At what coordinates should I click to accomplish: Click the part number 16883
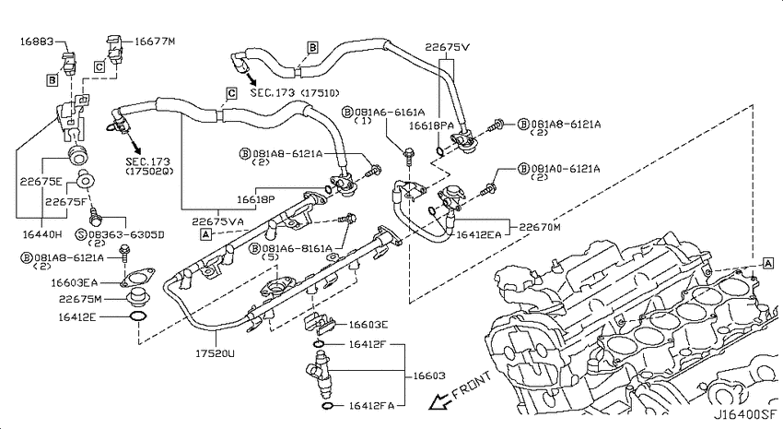point(37,41)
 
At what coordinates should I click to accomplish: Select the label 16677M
point(155,41)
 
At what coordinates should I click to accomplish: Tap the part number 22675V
point(448,47)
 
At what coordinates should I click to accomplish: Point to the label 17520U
point(215,353)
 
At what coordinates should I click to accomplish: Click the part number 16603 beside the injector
point(428,375)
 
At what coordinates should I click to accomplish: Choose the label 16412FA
point(371,406)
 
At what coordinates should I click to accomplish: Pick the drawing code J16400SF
point(745,415)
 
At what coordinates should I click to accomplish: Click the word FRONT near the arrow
point(472,385)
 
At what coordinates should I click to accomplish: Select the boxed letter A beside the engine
point(767,264)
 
